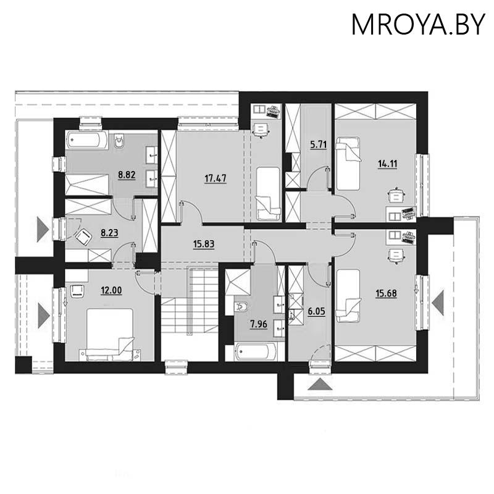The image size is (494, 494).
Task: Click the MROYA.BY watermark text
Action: coord(418,24)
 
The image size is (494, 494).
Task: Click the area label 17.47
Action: coord(216,178)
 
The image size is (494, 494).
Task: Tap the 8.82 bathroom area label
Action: coord(127,175)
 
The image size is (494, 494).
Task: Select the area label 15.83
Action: coord(204,244)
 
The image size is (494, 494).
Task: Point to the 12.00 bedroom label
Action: coord(111,290)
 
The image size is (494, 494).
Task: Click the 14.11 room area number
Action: coord(388,164)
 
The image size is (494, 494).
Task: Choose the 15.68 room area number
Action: coord(387,293)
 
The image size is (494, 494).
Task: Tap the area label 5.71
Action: coord(319,144)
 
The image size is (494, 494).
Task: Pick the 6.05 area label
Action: coord(316,311)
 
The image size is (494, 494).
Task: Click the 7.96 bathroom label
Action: coord(259,324)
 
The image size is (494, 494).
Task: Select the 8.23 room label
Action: coord(109,233)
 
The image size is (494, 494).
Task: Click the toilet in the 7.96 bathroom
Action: coord(241,306)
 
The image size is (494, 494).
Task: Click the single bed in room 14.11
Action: coord(348,163)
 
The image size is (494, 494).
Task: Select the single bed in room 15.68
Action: coord(348,296)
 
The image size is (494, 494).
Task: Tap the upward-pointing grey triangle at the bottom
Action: coord(320,384)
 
